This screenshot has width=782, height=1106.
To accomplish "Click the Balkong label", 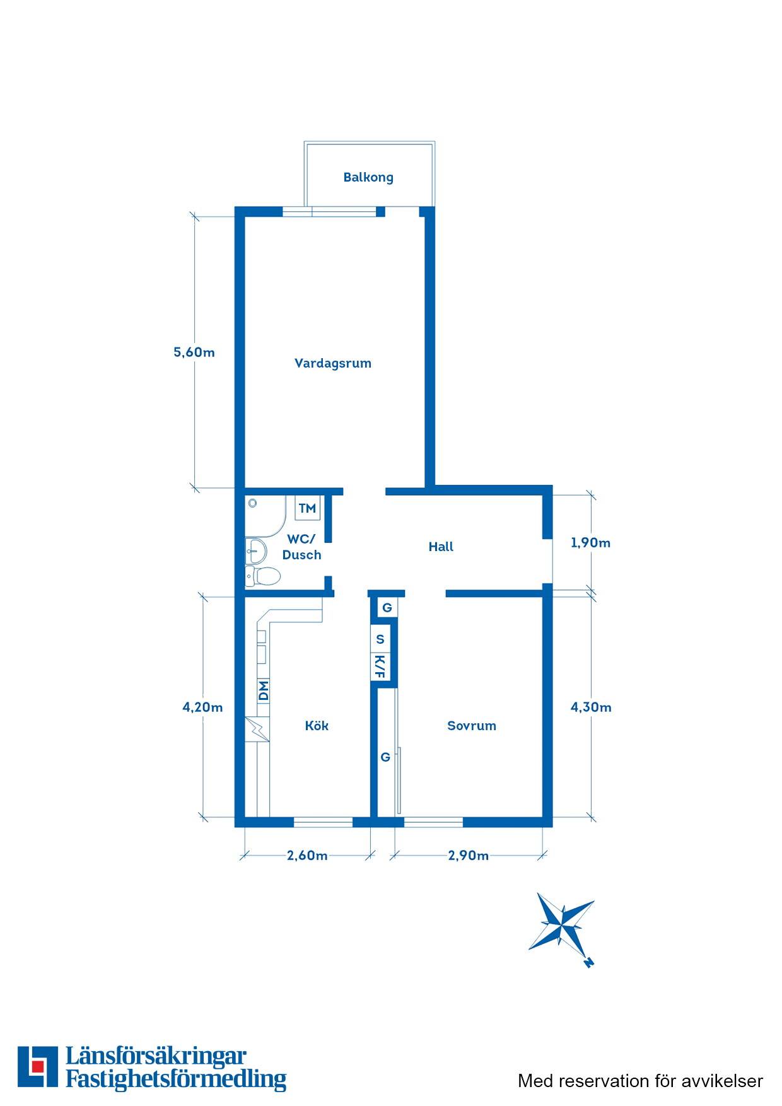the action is (368, 177).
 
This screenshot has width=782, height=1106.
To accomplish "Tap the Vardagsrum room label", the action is (333, 363).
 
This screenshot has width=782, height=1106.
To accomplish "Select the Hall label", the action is (441, 547).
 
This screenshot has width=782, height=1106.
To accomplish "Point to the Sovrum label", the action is (472, 726).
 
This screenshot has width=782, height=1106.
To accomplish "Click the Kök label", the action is (317, 726).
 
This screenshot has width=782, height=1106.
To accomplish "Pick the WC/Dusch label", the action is (301, 547).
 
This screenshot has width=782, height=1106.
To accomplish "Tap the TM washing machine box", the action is (307, 508).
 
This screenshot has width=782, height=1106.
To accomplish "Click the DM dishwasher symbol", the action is (263, 691).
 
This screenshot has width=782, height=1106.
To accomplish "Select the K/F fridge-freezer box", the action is (380, 667).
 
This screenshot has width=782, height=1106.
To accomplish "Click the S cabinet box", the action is (380, 639).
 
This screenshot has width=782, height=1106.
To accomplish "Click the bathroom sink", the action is (255, 550).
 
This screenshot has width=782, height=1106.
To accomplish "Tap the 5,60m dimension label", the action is (194, 352).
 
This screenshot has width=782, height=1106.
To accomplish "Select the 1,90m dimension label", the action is (591, 543).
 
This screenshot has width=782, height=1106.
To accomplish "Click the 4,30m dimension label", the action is (591, 707).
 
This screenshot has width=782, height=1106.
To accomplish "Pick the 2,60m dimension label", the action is (307, 856).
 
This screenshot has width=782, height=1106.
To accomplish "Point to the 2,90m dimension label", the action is (469, 856).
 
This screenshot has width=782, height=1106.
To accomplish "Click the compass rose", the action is (561, 926).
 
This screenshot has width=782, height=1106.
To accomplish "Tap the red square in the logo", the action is (38, 1066).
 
